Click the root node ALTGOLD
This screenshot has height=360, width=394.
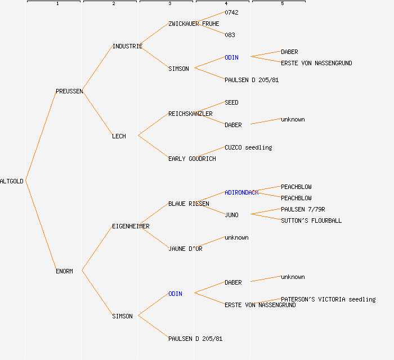(x=12, y=181)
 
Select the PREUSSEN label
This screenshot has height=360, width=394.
(x=69, y=91)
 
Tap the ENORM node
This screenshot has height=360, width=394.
(x=64, y=271)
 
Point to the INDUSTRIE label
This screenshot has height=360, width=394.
(x=127, y=46)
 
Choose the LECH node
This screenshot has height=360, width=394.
(x=119, y=136)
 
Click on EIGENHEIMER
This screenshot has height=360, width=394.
(x=131, y=226)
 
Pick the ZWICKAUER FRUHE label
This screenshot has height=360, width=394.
(x=194, y=24)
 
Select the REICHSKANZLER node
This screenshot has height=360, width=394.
(x=190, y=114)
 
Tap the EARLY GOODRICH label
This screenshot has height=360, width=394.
(x=192, y=159)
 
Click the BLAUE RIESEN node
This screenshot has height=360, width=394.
(x=189, y=204)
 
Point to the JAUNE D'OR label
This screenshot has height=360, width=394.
(x=185, y=249)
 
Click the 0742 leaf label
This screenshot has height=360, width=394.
(x=231, y=12)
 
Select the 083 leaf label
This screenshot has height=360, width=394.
(x=230, y=35)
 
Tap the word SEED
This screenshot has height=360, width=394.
(x=231, y=102)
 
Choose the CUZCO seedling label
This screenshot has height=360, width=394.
(x=248, y=147)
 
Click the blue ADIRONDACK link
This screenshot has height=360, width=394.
(x=241, y=192)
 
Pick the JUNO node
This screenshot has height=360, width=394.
(x=231, y=215)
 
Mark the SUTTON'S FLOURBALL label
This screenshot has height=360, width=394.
(x=311, y=220)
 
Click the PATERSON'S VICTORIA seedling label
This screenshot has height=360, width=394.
(x=328, y=299)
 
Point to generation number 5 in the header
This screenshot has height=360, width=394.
(x=282, y=4)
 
